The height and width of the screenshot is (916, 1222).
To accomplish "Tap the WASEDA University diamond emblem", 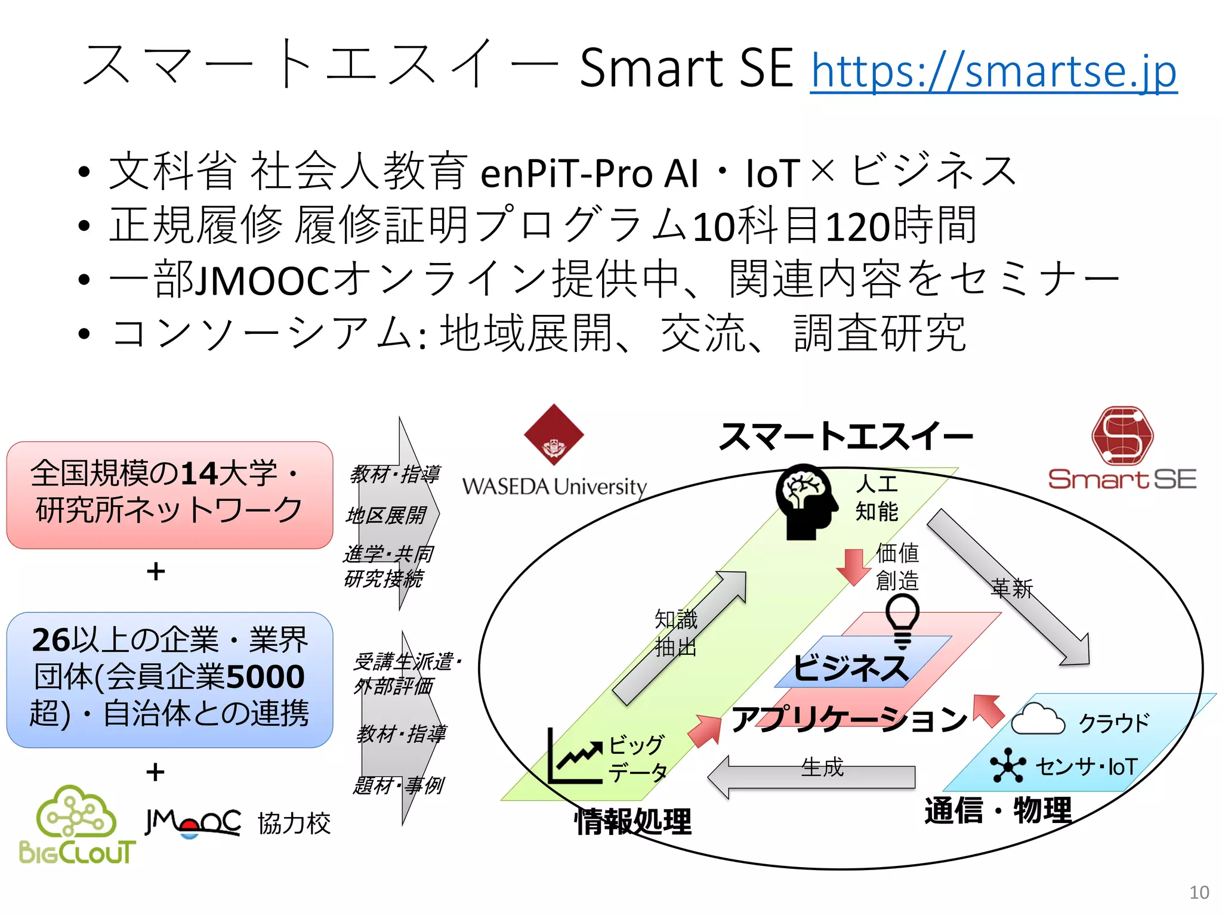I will click(x=554, y=435).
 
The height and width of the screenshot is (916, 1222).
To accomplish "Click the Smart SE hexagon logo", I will click(x=1122, y=435).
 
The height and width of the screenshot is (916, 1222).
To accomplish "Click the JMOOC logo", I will click(x=193, y=823).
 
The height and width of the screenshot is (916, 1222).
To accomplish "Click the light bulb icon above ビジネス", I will click(x=902, y=620).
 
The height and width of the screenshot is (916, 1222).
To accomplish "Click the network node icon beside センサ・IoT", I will click(x=1008, y=765).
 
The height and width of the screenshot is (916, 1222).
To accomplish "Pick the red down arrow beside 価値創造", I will click(x=853, y=567).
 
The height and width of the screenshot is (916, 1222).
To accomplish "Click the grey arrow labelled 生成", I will click(x=811, y=776).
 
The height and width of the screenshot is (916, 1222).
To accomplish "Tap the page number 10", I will click(x=1199, y=892).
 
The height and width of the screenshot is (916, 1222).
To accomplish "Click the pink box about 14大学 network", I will click(x=169, y=494).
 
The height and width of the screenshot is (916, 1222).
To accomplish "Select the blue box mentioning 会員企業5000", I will click(x=169, y=679).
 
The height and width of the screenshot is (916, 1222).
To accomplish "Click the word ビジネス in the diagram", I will click(x=850, y=668).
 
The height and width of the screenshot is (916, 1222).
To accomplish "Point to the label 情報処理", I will click(x=632, y=822).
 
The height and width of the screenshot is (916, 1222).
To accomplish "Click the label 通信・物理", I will click(x=998, y=810).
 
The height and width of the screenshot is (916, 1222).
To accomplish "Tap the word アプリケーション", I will click(x=848, y=719).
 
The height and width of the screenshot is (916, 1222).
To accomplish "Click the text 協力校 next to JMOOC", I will click(x=294, y=824).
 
